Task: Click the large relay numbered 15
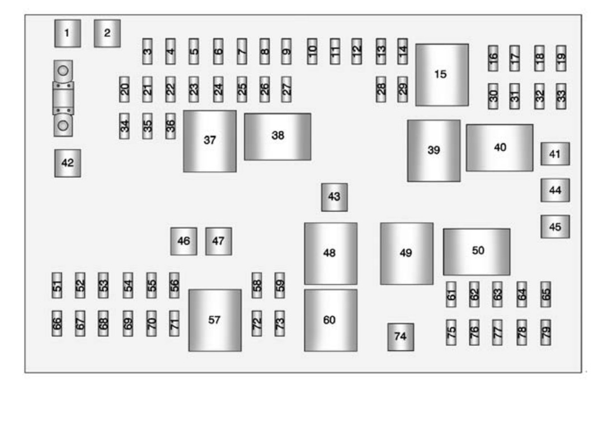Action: [x=441, y=74]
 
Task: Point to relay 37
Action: [x=210, y=140]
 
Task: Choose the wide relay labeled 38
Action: [x=277, y=136]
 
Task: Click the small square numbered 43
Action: [x=334, y=197]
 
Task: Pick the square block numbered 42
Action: [x=67, y=163]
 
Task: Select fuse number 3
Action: [x=147, y=51]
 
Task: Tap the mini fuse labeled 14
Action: [x=402, y=51]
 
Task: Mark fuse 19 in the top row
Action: [x=561, y=58]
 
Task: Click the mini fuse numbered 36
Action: [x=171, y=126]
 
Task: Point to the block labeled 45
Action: [x=554, y=227]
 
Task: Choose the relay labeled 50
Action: [x=477, y=251]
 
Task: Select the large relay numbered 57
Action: [x=215, y=320]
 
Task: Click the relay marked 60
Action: [x=330, y=320]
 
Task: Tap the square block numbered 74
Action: [x=401, y=336]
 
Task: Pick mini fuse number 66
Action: [x=57, y=323]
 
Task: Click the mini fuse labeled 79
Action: [x=545, y=332]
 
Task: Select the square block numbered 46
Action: [x=183, y=241]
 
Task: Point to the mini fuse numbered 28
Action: [x=381, y=90]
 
